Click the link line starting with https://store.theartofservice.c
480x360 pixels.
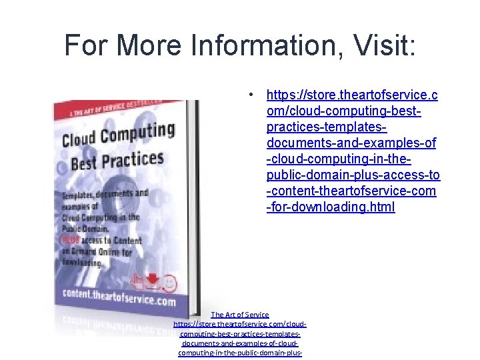pyautogui.click(x=353, y=95)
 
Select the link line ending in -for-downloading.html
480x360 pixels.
pyautogui.click(x=331, y=207)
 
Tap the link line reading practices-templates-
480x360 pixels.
pyautogui.click(x=327, y=127)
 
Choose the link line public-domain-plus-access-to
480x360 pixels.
pyautogui.click(x=353, y=175)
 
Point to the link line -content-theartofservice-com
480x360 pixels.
pyautogui.click(x=351, y=191)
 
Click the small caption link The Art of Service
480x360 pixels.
pyautogui.click(x=240, y=315)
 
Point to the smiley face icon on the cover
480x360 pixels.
pyautogui.click(x=169, y=283)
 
